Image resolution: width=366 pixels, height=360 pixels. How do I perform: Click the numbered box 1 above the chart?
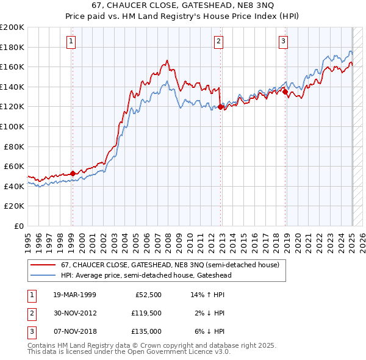(72, 41)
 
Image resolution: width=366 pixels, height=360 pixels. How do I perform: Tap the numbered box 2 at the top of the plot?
(218, 41)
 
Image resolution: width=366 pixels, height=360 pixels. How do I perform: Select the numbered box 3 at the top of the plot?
(284, 41)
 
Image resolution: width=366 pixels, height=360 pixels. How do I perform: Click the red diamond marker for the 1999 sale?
(73, 173)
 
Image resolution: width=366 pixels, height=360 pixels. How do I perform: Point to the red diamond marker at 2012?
(220, 107)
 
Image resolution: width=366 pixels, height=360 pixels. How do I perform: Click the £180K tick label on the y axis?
(12, 47)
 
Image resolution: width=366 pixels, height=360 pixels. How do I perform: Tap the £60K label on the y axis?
(14, 166)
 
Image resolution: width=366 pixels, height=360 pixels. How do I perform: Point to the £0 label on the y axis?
(18, 226)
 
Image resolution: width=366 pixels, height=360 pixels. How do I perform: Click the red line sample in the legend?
(43, 265)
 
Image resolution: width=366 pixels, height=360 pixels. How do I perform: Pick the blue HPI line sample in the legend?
(43, 275)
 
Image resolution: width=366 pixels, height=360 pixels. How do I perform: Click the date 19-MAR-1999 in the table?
(74, 294)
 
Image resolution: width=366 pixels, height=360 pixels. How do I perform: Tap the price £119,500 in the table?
(148, 313)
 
